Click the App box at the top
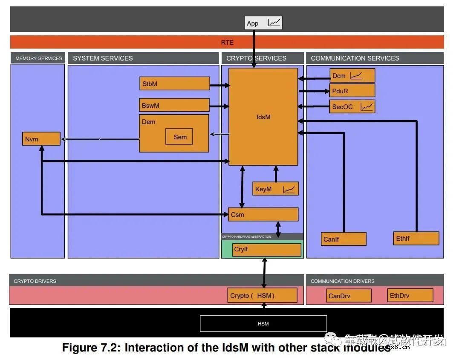(263, 23)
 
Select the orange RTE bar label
(227, 42)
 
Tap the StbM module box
(175, 84)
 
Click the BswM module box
(174, 105)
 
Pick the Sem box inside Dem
(179, 137)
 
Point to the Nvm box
(41, 139)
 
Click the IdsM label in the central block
(263, 117)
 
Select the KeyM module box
(275, 189)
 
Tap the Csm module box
(263, 214)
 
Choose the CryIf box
(267, 250)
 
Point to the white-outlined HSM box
(263, 324)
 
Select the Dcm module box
(352, 75)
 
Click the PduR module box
(352, 91)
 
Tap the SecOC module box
(352, 107)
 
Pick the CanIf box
(344, 239)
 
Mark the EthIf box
(416, 238)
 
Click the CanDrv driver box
(349, 296)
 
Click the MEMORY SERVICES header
(38, 58)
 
